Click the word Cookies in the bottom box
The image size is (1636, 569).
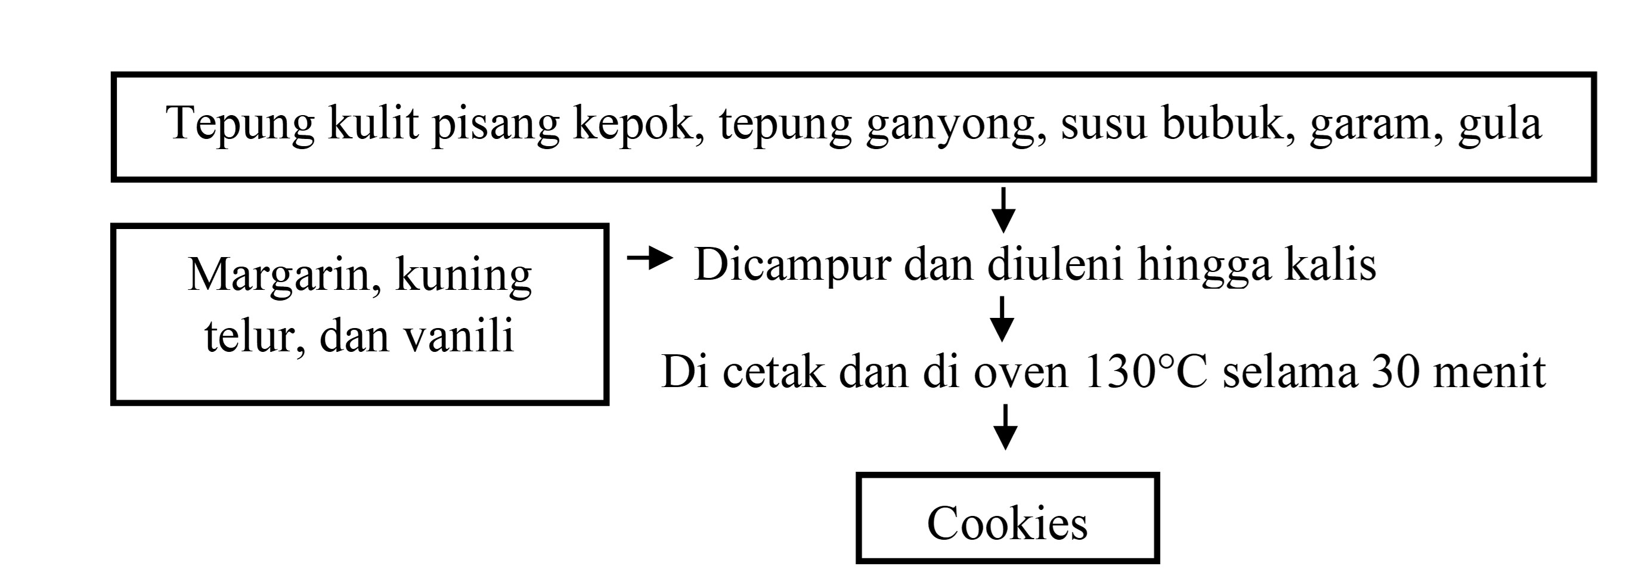pyautogui.click(x=1007, y=523)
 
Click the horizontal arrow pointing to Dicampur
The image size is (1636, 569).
pyautogui.click(x=650, y=258)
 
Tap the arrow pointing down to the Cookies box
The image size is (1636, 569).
pyautogui.click(x=1005, y=428)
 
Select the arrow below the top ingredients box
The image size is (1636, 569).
pyautogui.click(x=1004, y=209)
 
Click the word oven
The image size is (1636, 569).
pyautogui.click(x=1021, y=375)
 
